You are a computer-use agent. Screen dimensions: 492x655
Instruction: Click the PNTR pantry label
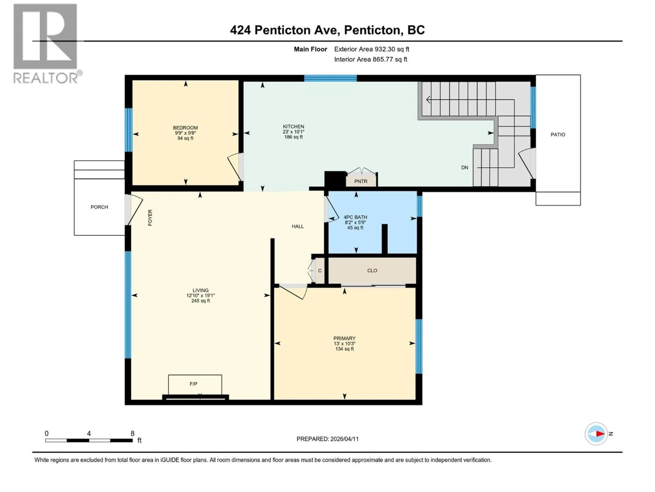(361, 181)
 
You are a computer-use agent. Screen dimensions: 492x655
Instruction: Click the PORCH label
(99, 207)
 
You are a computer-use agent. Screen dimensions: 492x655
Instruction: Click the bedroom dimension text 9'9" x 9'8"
(185, 133)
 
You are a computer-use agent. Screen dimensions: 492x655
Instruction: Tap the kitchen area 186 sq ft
(293, 137)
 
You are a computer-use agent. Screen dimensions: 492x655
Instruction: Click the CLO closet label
(372, 270)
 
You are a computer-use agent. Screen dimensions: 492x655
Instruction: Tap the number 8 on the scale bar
(132, 433)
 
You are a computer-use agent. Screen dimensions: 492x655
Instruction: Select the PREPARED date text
(327, 439)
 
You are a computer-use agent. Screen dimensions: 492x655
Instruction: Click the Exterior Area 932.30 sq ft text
(372, 49)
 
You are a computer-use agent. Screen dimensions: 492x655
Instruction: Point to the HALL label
(298, 227)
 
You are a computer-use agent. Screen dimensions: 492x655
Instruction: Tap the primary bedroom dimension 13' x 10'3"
(344, 344)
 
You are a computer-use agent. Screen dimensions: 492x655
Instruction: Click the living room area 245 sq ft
(200, 301)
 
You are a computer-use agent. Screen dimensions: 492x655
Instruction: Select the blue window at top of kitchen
(330, 78)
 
